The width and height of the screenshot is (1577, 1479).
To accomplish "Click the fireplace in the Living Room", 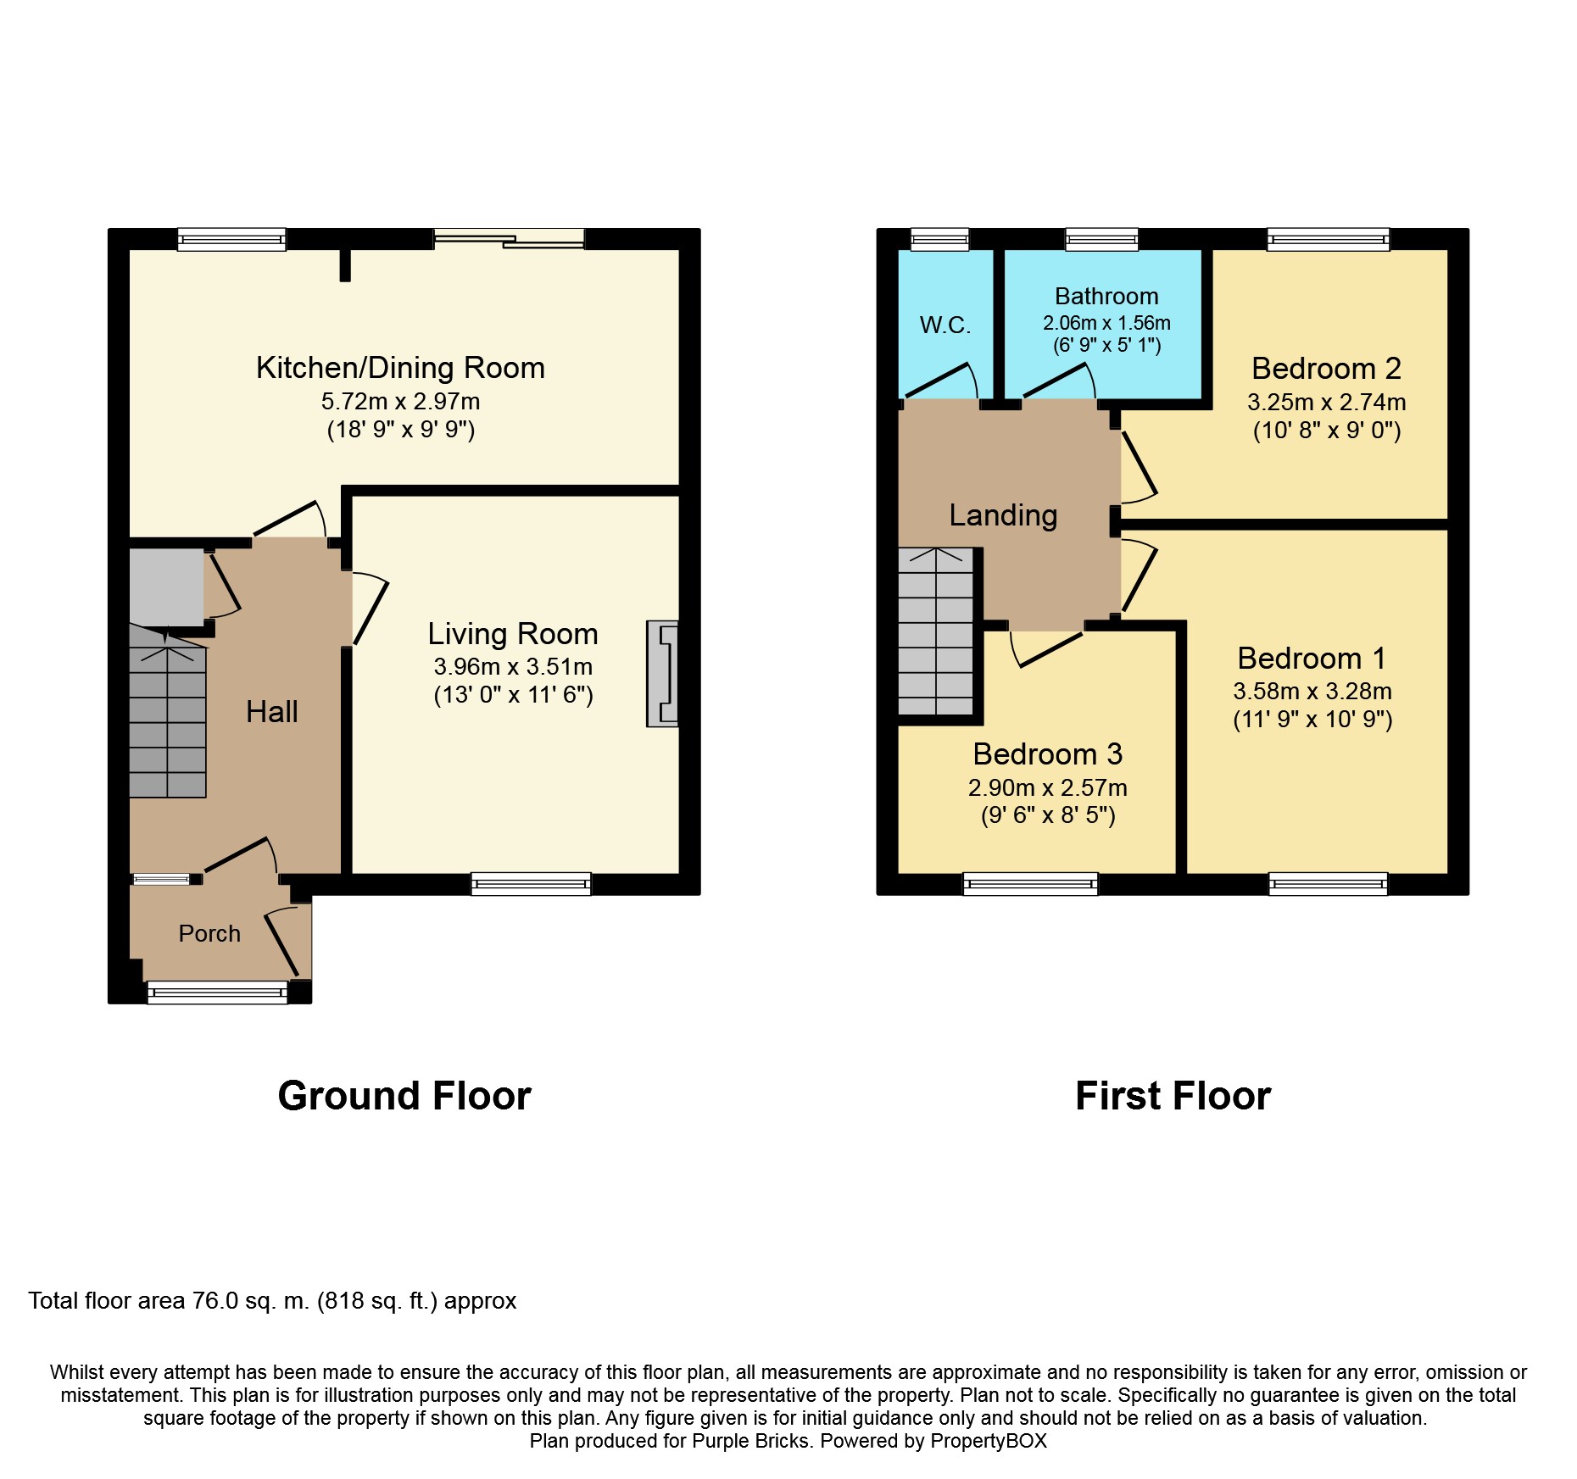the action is point(663,674).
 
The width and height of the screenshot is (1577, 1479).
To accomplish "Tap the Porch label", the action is point(209,933).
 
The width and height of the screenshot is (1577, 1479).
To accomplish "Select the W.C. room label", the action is point(945,325).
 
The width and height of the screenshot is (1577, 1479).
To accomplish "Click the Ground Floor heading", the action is point(404,1096).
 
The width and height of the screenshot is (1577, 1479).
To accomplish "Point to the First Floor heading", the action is point(1173,1096).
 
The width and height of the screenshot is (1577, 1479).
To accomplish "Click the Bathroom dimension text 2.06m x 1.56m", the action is point(1106,323).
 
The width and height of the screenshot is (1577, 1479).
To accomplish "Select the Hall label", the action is point(271,712).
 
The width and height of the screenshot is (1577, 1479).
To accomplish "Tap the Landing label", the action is point(1003,515).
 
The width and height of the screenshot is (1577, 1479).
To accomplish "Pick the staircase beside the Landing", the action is point(936,632).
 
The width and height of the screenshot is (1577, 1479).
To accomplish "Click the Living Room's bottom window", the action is point(531,884).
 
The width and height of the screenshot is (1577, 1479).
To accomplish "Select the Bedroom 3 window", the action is point(1030,884).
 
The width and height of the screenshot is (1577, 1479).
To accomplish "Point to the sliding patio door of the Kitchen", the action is point(509,239).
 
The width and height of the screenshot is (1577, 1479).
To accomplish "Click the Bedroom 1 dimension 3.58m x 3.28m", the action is point(1312,692).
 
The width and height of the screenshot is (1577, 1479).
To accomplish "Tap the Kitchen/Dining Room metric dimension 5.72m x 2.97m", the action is point(400,402).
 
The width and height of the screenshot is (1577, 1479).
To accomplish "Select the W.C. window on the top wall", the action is point(939,240).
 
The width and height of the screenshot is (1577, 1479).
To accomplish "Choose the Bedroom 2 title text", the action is point(1326,369).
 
